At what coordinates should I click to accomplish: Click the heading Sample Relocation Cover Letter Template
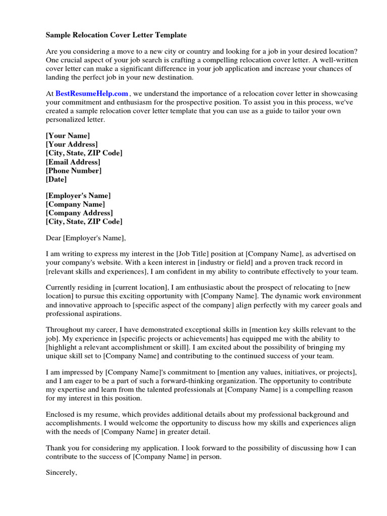click(116, 35)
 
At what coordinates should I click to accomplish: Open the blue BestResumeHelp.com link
click(92, 93)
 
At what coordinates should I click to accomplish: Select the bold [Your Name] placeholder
click(68, 136)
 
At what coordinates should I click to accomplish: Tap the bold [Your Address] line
click(72, 145)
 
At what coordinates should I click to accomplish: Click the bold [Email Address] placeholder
click(73, 162)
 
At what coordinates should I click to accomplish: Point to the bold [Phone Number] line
click(74, 170)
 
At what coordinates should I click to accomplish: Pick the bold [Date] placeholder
click(56, 179)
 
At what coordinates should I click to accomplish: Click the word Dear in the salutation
click(53, 238)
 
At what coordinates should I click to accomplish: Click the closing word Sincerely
click(61, 473)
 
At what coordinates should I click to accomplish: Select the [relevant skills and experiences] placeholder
click(96, 272)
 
